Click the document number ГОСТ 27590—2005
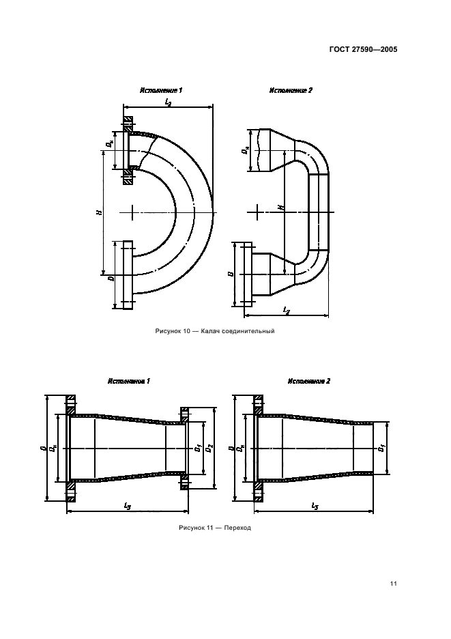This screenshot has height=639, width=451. [x=363, y=50]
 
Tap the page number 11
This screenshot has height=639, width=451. [x=393, y=584]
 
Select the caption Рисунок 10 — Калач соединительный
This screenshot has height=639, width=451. [x=215, y=331]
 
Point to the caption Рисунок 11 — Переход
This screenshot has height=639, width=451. [x=215, y=528]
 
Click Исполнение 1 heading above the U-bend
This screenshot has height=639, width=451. [x=160, y=90]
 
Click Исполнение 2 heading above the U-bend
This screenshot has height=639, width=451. [x=291, y=90]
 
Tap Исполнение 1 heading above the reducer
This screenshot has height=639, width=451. [x=129, y=381]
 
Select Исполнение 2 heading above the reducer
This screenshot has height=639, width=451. [x=309, y=381]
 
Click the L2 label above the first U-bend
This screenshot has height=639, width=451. [x=169, y=102]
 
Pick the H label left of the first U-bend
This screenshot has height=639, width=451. [x=99, y=212]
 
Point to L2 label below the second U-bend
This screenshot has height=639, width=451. [x=287, y=311]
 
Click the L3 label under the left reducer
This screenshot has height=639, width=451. [x=127, y=506]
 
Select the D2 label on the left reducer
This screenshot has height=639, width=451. [x=209, y=448]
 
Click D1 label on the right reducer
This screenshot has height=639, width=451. [x=381, y=448]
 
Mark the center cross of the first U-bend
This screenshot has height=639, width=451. [x=132, y=212]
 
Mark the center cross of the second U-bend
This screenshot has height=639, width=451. [x=258, y=212]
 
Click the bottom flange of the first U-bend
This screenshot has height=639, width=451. [x=128, y=274]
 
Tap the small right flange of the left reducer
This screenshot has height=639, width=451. [x=184, y=449]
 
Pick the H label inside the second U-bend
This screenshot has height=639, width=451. [x=281, y=208]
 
